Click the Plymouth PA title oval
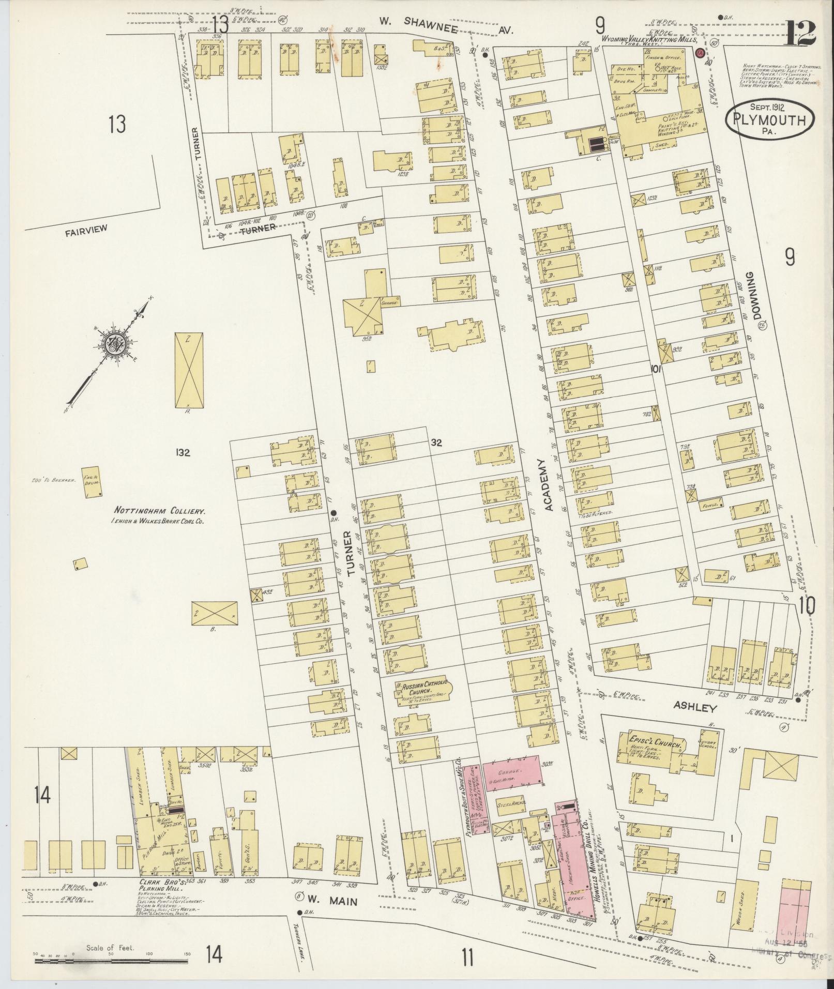click(770, 120)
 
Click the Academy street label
click(548, 484)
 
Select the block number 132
click(183, 453)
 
